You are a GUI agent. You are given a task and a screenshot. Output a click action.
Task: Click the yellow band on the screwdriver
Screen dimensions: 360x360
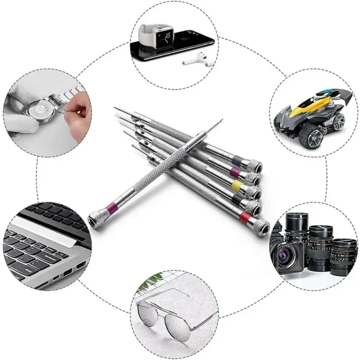coord(236,185)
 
